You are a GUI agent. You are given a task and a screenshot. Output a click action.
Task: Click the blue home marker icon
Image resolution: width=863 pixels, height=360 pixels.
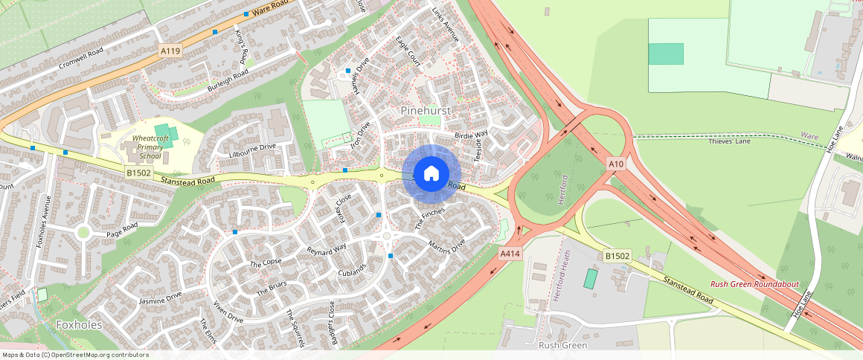[x=431, y=174]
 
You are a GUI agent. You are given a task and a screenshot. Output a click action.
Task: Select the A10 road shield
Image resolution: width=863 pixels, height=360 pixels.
[x=615, y=164]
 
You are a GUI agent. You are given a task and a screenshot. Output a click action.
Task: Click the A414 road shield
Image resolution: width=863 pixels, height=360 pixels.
[x=509, y=254]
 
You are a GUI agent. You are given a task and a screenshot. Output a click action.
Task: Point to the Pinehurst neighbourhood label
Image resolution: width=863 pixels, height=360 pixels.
[x=426, y=110]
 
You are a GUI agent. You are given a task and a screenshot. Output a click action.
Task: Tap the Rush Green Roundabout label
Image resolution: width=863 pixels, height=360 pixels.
[x=754, y=284]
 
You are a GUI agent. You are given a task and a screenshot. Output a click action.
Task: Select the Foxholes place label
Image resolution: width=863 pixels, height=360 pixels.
[x=79, y=325]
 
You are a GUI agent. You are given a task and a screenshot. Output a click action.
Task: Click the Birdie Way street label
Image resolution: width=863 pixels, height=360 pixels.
[x=471, y=135]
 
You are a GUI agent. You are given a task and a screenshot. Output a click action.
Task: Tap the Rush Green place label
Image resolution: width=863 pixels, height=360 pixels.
[x=562, y=345]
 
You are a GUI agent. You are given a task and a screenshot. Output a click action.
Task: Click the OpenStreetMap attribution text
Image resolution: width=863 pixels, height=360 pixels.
[x=74, y=355]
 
